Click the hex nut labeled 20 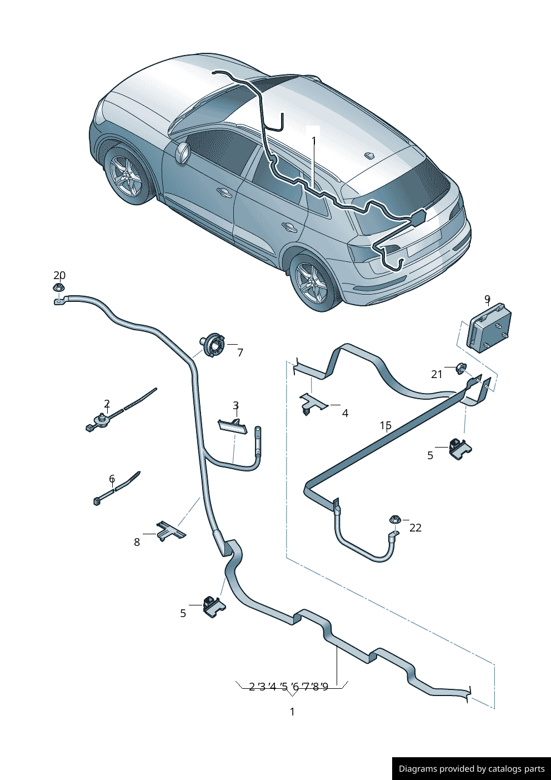pos(59,288)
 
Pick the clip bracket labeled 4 pos(312,404)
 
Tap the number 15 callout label pos(386,425)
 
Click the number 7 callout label pos(240,352)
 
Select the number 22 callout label pos(415,528)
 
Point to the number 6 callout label pos(112,479)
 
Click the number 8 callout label pos(137,542)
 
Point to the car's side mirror pos(183,152)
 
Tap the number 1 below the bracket pos(292,712)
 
